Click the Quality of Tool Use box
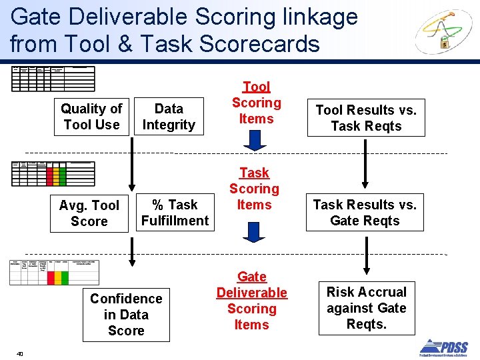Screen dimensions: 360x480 point(91,117)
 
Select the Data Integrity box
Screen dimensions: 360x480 point(169,117)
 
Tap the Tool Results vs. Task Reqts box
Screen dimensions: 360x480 point(366,118)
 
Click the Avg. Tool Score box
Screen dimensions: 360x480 point(89,213)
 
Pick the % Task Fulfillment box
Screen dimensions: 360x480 point(175,213)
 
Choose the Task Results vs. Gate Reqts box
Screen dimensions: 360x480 point(365,213)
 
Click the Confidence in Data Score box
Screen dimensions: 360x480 point(126,315)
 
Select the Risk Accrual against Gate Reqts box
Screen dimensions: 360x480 point(366,308)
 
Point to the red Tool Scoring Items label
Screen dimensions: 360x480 point(257,103)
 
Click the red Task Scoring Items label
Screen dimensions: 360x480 point(254,189)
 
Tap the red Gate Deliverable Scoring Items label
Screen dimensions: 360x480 point(252,301)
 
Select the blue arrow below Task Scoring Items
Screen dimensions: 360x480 point(254,232)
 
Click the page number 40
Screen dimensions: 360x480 point(20,353)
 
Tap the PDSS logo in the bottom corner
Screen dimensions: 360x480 point(443,347)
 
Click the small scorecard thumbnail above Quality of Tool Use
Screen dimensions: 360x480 point(53,78)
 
